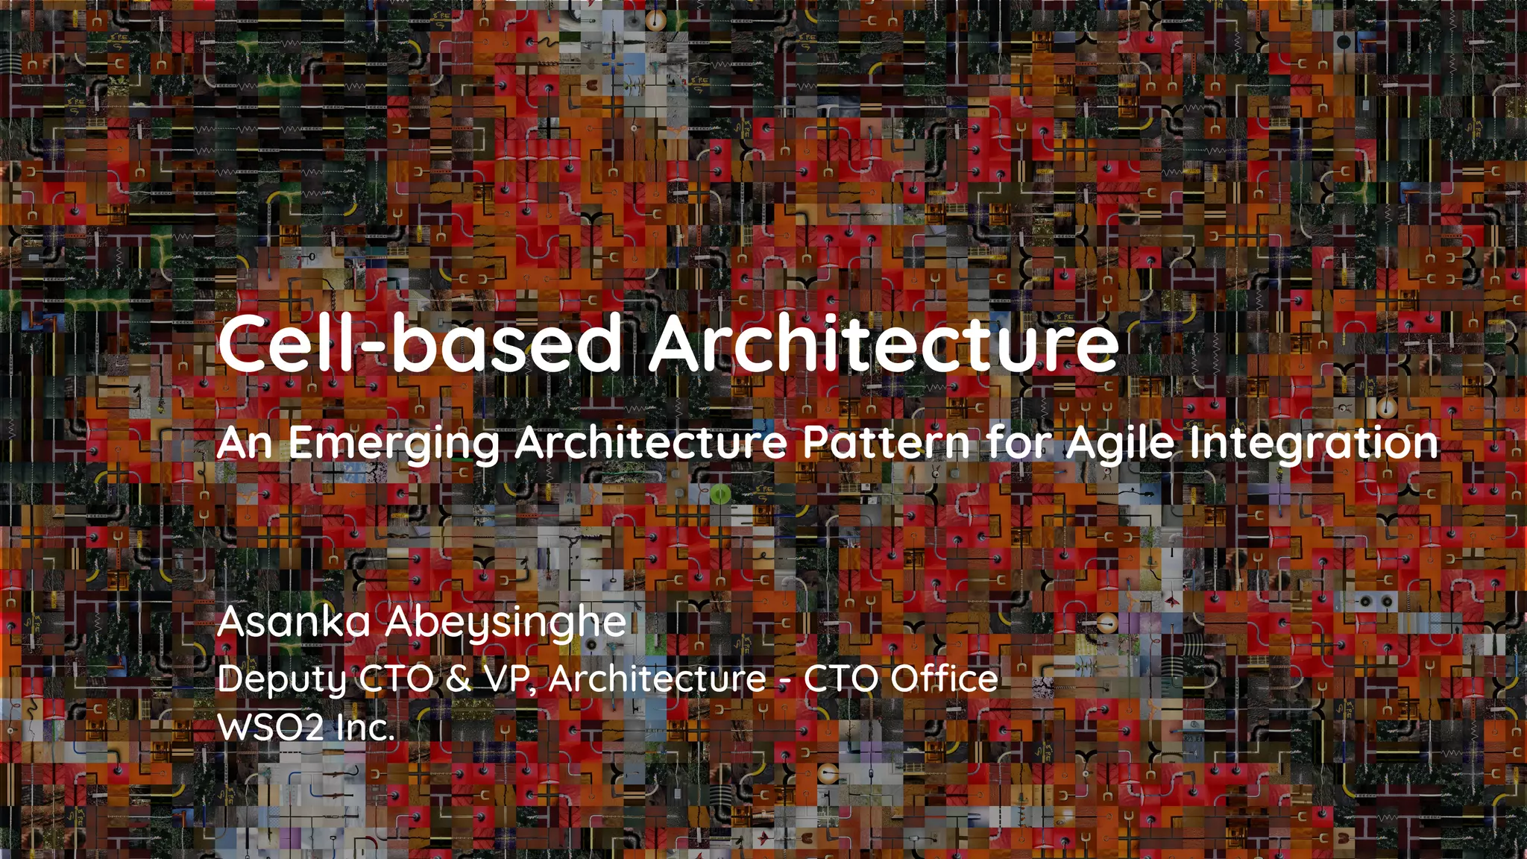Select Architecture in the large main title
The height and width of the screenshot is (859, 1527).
tap(884, 342)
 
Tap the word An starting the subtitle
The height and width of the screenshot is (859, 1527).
tap(244, 443)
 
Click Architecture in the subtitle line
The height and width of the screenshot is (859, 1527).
tap(650, 443)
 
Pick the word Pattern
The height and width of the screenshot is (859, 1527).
tap(887, 443)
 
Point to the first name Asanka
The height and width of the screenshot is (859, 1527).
tap(294, 623)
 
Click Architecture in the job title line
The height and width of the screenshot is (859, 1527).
tap(657, 679)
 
